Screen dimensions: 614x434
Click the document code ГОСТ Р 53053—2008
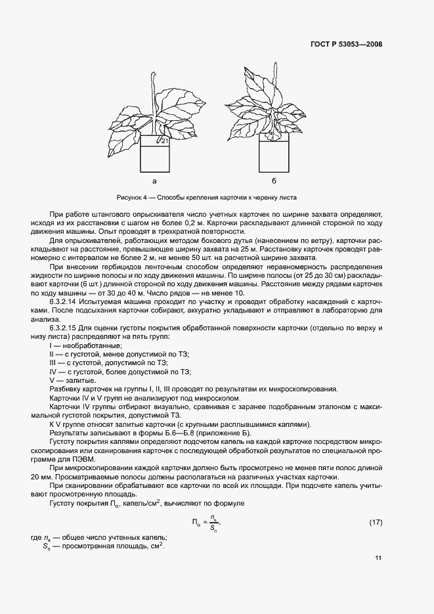(346, 45)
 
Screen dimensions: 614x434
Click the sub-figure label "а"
(154, 180)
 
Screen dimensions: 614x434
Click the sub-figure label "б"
(273, 180)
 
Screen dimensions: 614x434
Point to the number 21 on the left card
(165, 141)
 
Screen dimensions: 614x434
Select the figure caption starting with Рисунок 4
(207, 197)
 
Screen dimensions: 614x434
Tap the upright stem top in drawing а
(153, 77)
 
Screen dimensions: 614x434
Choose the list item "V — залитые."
(74, 380)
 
